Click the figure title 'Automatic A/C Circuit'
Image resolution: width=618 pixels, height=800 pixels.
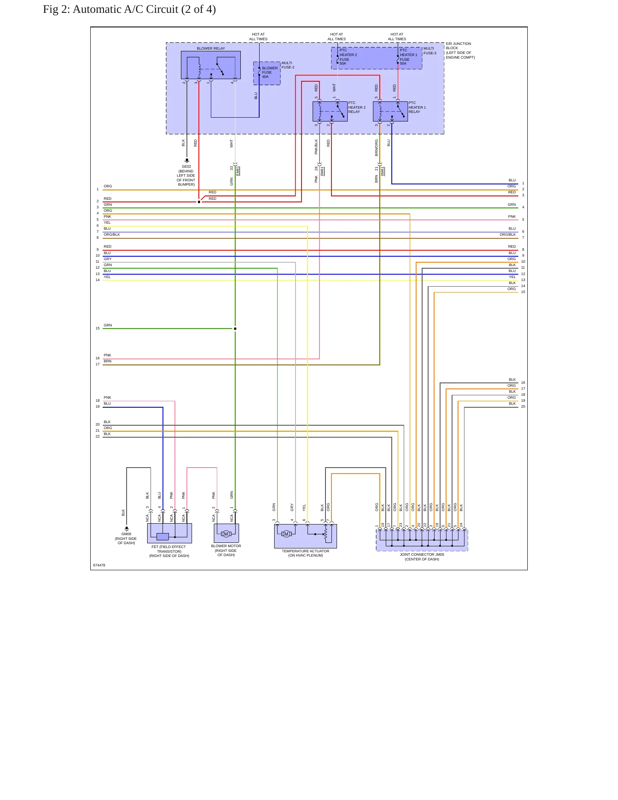pos(125,9)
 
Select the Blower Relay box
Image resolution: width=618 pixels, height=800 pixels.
pos(210,65)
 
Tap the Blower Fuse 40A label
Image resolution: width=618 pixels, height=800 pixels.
pos(269,72)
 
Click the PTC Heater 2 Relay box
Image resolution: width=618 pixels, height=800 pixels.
pos(330,111)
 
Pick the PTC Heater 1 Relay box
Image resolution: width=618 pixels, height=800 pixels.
pos(390,111)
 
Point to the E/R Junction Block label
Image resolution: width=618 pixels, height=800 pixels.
pos(460,50)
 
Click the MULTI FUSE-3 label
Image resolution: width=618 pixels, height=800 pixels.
pos(430,51)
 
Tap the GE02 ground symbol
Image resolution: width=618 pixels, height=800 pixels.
pos(186,161)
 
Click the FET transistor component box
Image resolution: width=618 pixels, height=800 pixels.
pos(169,533)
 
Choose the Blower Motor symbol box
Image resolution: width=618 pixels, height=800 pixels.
pos(226,533)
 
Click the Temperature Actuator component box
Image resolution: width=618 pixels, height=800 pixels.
pos(305,536)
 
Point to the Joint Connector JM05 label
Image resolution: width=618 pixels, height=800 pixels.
pos(422,557)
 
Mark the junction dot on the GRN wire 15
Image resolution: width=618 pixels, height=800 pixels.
pos(235,329)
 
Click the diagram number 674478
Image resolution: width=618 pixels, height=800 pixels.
pos(99,565)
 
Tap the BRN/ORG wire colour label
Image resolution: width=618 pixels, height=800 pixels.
pos(376,147)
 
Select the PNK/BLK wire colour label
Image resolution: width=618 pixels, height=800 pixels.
pos(316,147)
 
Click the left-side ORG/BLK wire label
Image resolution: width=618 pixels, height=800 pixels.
pos(112,234)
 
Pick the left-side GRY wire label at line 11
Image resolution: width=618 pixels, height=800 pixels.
pos(107,259)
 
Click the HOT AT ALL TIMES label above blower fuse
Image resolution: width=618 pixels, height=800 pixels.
pos(258,36)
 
